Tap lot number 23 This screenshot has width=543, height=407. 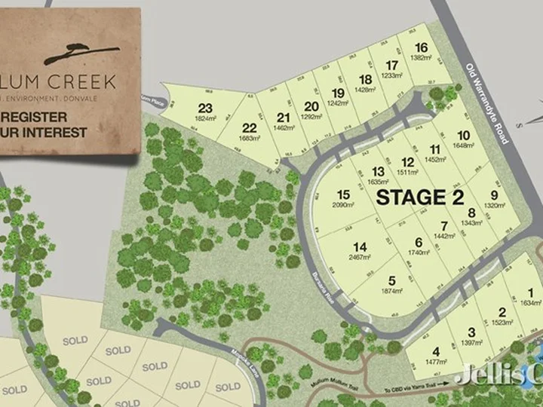(x=204, y=107)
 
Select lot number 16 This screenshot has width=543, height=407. (x=421, y=47)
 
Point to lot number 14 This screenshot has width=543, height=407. (x=360, y=246)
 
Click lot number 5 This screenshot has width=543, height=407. (x=391, y=280)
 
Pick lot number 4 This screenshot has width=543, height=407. (x=436, y=350)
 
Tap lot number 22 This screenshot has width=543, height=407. (x=250, y=127)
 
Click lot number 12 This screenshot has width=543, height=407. (x=407, y=162)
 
